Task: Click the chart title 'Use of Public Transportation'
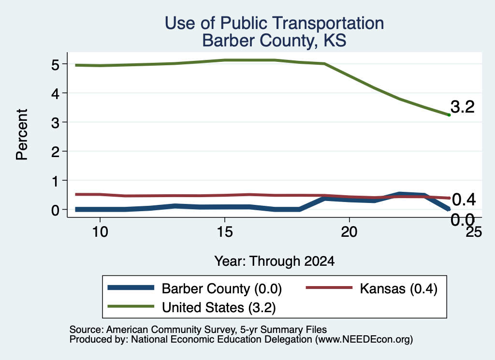pyautogui.click(x=275, y=23)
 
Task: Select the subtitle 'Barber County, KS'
pyautogui.click(x=275, y=41)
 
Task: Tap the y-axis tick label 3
pyautogui.click(x=55, y=122)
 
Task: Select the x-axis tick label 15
pyautogui.click(x=225, y=232)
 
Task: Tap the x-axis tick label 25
pyautogui.click(x=474, y=232)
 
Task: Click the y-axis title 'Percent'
pyautogui.click(x=22, y=135)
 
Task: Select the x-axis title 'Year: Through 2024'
pyautogui.click(x=275, y=261)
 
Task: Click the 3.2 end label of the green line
pyautogui.click(x=463, y=107)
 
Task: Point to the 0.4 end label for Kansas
pyautogui.click(x=464, y=200)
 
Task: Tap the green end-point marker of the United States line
pyautogui.click(x=449, y=115)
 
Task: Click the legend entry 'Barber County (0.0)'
pyautogui.click(x=221, y=288)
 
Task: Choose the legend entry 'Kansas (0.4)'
pyautogui.click(x=399, y=288)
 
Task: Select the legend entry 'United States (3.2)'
pyautogui.click(x=219, y=307)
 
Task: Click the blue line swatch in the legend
pyautogui.click(x=131, y=288)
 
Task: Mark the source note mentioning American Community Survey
pyautogui.click(x=198, y=330)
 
